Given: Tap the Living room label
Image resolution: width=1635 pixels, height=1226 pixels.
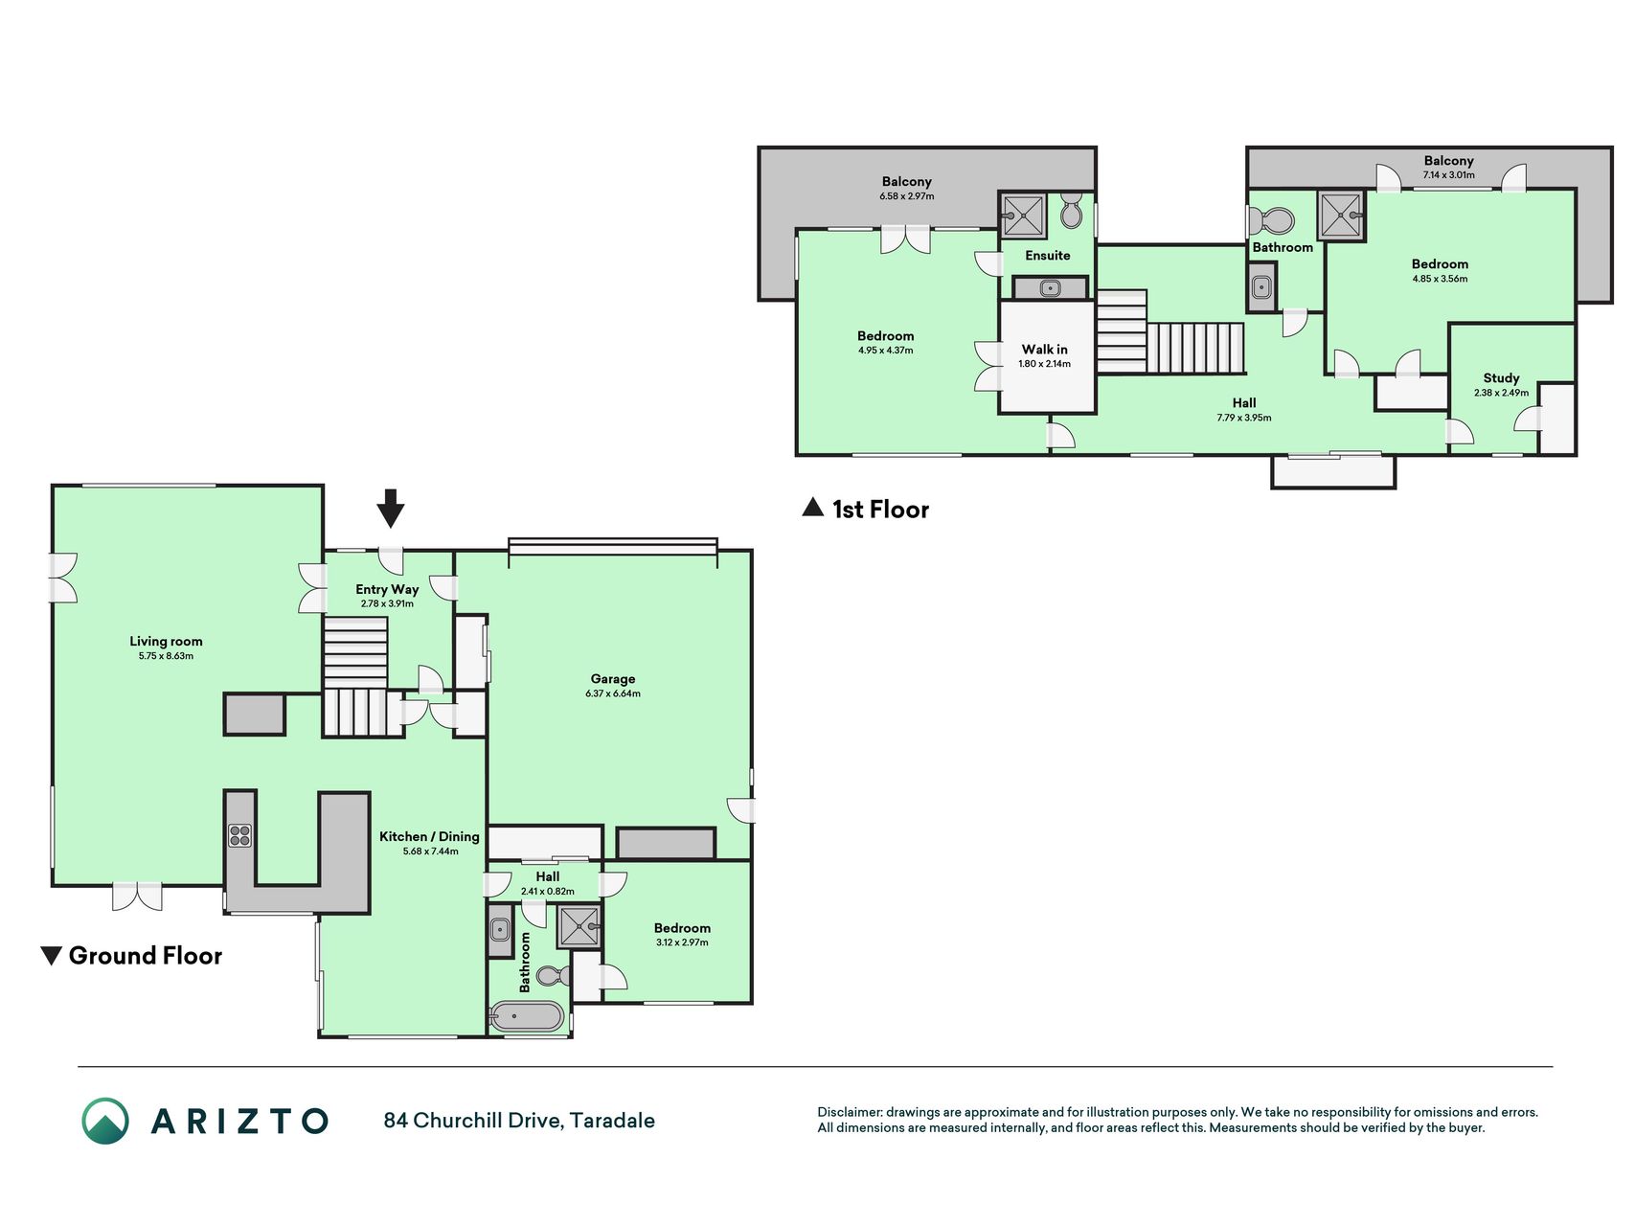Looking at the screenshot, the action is click(x=167, y=642).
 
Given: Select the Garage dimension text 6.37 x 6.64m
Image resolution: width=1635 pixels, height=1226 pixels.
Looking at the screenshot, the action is click(x=613, y=693).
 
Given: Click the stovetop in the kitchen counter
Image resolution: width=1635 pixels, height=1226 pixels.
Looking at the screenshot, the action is click(x=239, y=835).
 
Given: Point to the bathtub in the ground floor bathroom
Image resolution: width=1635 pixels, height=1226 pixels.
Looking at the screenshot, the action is click(x=527, y=1016).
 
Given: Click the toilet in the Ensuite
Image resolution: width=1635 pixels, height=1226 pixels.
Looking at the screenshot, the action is click(x=1072, y=213).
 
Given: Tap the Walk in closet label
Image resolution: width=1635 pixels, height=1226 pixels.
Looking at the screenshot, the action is click(x=1045, y=350).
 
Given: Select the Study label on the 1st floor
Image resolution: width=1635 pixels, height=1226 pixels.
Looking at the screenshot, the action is click(x=1501, y=378).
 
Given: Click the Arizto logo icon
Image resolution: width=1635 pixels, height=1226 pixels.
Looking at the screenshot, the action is click(x=105, y=1121).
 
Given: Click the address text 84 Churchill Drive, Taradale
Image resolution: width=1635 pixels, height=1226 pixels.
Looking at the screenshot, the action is click(x=519, y=1121).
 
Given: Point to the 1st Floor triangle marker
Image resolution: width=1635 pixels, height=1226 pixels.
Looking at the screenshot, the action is click(x=812, y=508).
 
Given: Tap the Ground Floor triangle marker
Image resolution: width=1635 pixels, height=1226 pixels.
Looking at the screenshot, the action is click(x=52, y=956).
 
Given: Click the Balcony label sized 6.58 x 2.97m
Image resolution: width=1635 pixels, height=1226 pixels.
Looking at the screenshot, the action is click(x=907, y=182).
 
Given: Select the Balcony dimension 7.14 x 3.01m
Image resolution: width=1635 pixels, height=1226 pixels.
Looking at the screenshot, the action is click(x=1448, y=175).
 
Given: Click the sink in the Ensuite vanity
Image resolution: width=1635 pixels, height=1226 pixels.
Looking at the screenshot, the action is click(x=1051, y=288).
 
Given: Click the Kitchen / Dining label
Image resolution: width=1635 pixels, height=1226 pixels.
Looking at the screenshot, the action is click(x=429, y=836).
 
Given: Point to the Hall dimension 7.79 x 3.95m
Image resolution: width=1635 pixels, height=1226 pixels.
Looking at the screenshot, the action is click(x=1244, y=418).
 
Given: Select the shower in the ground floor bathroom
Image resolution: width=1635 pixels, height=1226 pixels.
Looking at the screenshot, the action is click(x=579, y=926).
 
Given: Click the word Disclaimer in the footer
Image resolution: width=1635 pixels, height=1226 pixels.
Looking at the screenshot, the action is click(x=849, y=1112).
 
